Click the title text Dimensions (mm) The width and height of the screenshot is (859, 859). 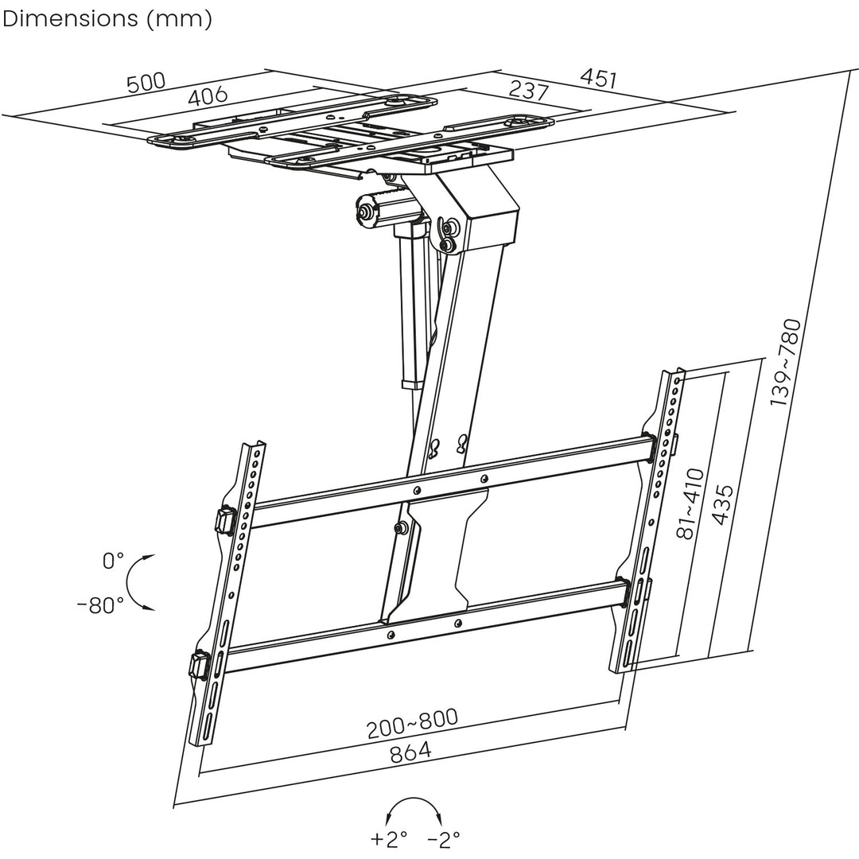pyautogui.click(x=107, y=19)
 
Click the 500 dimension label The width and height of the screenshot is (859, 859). pyautogui.click(x=146, y=83)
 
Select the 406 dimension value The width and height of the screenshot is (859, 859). pyautogui.click(x=208, y=97)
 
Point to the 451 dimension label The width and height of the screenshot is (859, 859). pyautogui.click(x=598, y=78)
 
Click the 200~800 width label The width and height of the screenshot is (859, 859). pyautogui.click(x=412, y=723)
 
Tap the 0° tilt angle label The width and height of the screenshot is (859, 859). pyautogui.click(x=113, y=562)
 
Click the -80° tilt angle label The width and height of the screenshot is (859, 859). pyautogui.click(x=100, y=604)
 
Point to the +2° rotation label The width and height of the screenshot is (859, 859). pyautogui.click(x=389, y=838)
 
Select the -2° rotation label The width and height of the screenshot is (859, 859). pyautogui.click(x=444, y=838)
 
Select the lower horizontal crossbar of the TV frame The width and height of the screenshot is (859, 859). pyautogui.click(x=422, y=625)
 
